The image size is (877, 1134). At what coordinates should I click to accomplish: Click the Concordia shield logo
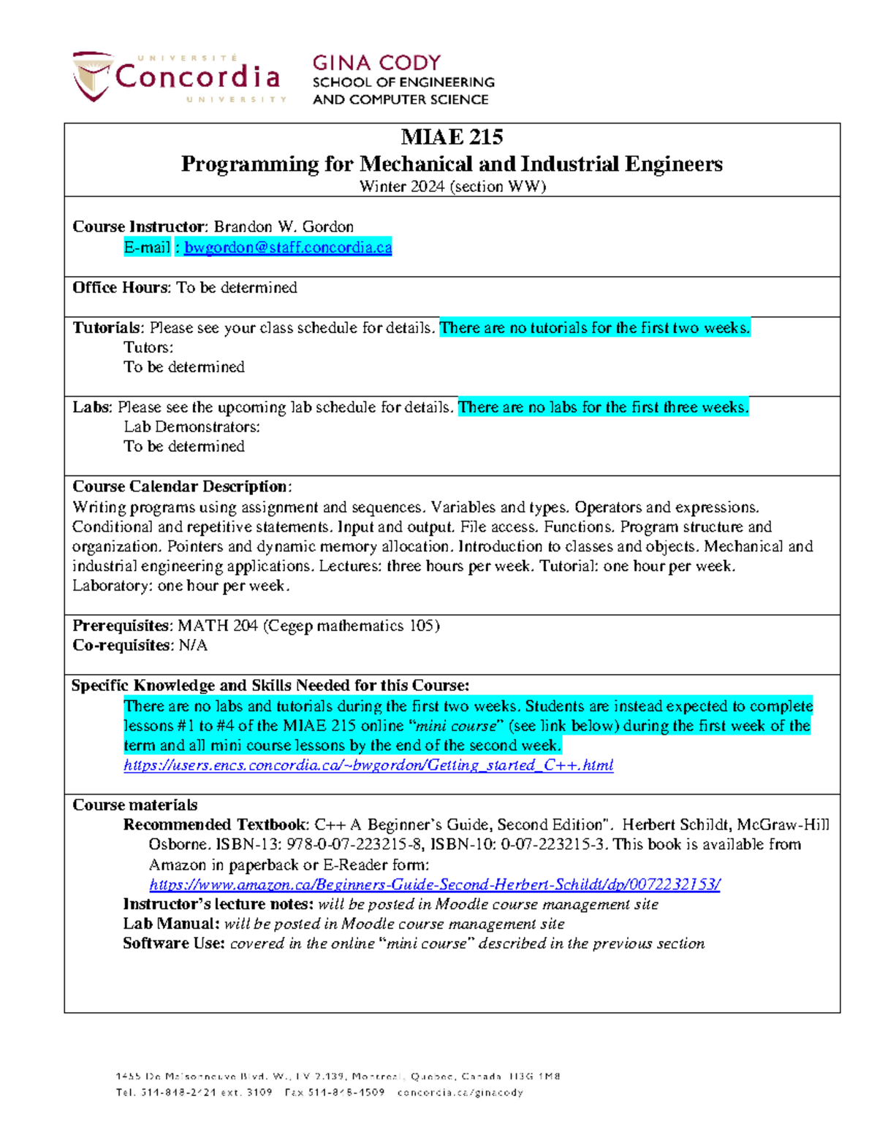click(x=92, y=76)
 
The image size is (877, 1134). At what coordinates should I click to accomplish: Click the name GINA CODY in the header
click(x=376, y=63)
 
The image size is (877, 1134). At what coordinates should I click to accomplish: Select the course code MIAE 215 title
click(x=452, y=137)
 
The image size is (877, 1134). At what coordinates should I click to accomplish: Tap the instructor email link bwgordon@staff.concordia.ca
click(x=288, y=248)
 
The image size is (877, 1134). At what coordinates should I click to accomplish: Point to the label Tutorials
click(x=107, y=328)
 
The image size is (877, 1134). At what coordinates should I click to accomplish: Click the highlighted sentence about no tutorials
click(x=595, y=328)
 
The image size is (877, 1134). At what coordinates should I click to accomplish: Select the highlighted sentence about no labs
click(x=603, y=407)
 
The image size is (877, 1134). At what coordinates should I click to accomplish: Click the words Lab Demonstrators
click(x=191, y=426)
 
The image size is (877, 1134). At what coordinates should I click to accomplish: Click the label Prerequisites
click(x=121, y=626)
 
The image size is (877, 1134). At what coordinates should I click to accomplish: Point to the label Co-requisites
click(x=121, y=645)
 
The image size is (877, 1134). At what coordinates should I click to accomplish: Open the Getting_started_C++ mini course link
click(x=368, y=765)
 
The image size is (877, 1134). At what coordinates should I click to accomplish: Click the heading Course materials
click(x=134, y=805)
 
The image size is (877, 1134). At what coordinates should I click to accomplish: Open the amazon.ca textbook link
click(x=434, y=884)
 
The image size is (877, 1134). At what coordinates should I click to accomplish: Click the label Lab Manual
click(x=170, y=924)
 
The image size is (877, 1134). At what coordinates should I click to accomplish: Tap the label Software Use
click(x=173, y=943)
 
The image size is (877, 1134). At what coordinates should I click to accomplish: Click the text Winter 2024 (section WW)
click(x=452, y=186)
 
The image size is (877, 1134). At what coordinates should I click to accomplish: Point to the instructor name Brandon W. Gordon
click(x=284, y=226)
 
